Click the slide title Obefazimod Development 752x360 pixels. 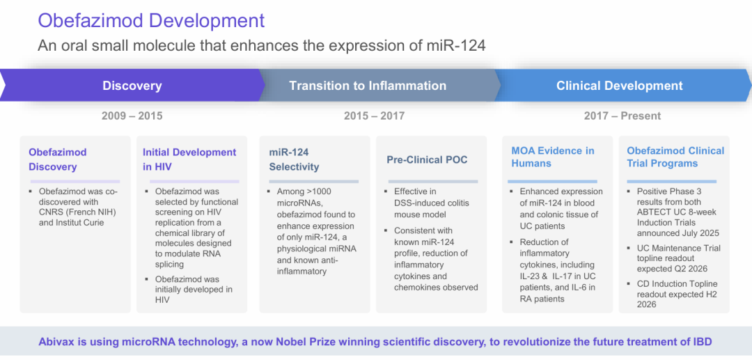(x=151, y=20)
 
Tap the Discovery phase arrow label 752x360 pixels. (x=132, y=86)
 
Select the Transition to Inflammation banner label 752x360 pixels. (x=368, y=86)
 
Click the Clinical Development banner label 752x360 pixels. (x=619, y=86)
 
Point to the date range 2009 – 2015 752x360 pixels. (x=132, y=116)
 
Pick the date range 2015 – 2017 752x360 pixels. (x=374, y=116)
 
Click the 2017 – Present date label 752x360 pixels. (x=622, y=116)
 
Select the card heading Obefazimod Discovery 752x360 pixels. (x=58, y=159)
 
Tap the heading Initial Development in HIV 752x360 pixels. (x=189, y=159)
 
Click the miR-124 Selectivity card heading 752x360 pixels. (x=294, y=159)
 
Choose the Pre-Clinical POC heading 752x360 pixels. (x=427, y=159)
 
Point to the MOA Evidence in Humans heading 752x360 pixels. (x=552, y=157)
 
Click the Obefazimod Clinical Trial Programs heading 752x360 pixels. (x=675, y=157)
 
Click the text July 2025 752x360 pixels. (x=698, y=233)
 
